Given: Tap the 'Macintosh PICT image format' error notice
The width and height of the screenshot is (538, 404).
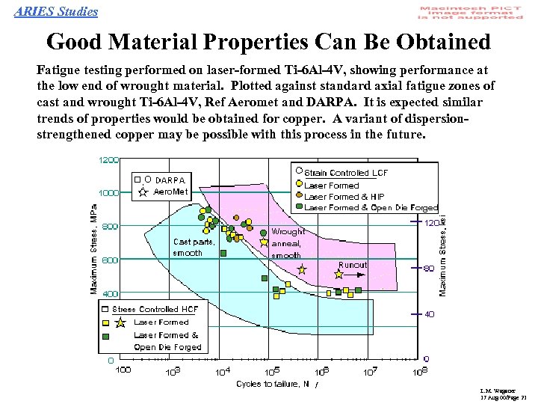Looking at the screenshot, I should click(x=471, y=12).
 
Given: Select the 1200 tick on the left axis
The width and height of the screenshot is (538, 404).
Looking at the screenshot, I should click(x=108, y=160).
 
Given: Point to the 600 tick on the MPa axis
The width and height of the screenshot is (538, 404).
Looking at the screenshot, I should click(x=110, y=260).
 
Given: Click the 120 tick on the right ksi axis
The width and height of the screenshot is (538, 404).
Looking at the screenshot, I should click(x=430, y=223).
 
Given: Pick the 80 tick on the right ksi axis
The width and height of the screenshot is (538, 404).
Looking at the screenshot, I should click(x=428, y=268).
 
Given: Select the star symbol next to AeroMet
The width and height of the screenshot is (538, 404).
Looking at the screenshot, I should click(x=143, y=192).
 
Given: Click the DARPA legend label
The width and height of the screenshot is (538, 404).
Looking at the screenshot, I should click(x=170, y=180).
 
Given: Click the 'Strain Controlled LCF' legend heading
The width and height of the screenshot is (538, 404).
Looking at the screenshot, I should click(x=345, y=173).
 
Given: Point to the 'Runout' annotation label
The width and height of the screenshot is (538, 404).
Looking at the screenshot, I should click(x=353, y=265).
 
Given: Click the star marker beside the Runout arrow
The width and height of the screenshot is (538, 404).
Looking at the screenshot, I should click(x=339, y=275).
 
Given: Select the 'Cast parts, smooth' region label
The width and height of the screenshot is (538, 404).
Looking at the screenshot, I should click(x=194, y=247).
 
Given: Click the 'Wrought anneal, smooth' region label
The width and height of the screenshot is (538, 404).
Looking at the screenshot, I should click(x=287, y=243).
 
